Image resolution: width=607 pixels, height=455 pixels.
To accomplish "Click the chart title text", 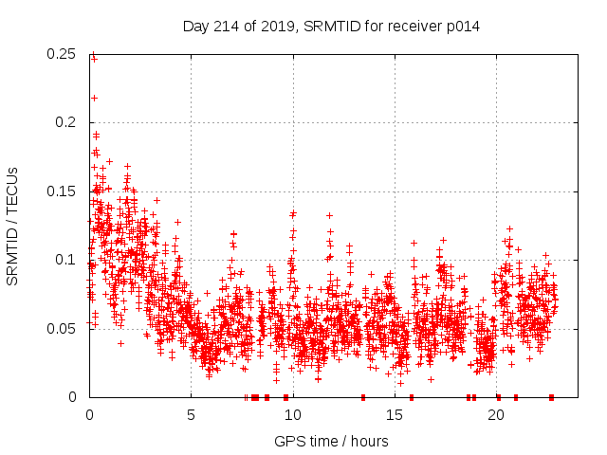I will tap(331, 27).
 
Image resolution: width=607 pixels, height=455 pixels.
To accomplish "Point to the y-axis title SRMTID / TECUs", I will tap(13, 226).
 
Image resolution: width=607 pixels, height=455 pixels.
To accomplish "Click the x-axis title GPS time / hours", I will tap(331, 441).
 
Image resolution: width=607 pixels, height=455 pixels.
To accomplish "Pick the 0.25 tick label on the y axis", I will tap(63, 54).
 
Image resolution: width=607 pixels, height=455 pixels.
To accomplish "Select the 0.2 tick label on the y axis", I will tap(66, 122).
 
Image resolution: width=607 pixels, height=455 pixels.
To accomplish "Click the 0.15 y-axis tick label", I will tap(63, 191).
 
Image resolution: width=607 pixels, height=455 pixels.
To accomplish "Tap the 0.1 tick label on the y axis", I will tap(66, 260).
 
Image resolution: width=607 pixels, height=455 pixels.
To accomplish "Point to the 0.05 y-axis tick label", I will tap(63, 328).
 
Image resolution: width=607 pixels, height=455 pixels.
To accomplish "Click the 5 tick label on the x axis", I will tap(191, 414).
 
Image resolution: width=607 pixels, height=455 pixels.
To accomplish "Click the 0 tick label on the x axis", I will tap(89, 414).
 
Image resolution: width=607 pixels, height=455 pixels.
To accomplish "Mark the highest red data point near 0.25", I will tap(93, 55).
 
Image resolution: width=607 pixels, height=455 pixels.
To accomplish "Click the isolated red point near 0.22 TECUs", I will tap(94, 98).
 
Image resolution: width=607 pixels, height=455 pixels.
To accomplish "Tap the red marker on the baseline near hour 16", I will tap(412, 396).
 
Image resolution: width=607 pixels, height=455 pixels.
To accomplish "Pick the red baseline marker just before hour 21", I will tap(515, 396).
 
